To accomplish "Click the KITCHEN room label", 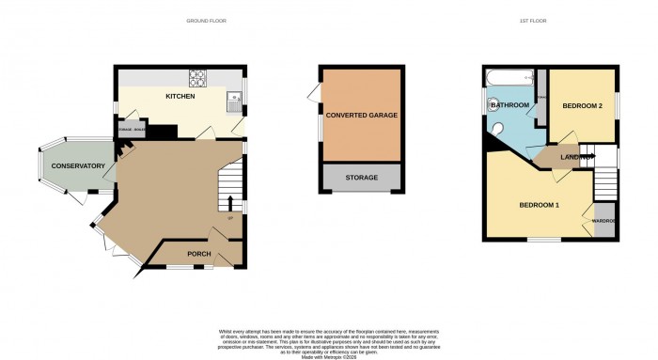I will pos(180,97).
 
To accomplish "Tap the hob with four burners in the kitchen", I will pos(200,78).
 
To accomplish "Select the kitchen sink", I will pos(233,97).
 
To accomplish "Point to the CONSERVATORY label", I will pos(78,166).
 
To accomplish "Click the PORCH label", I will pos(198,254).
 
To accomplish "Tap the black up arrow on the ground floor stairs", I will pos(230,203).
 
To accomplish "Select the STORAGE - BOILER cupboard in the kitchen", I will pos(132,129).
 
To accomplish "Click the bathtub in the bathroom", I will pos(509,78).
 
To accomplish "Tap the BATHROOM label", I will pos(510,105).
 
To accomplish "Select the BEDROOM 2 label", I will pos(582,106).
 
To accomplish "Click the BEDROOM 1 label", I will pos(540,205).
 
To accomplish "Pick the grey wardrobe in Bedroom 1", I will pos(602,221).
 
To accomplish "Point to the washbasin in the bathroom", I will pos(492,104).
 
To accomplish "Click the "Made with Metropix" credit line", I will pos(329,355).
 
